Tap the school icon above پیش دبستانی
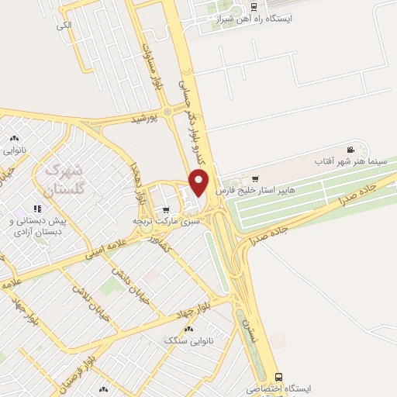click(x=36, y=209)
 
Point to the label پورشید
click(x=145, y=119)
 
